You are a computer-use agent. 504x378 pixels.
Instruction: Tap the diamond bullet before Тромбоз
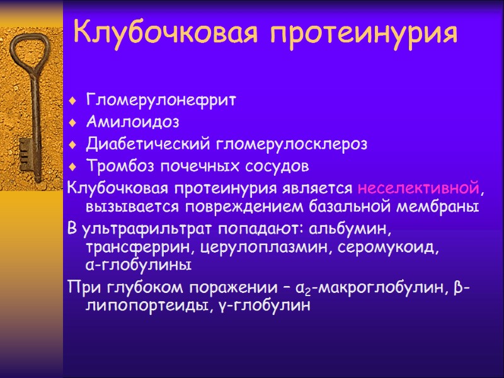click(x=73, y=167)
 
